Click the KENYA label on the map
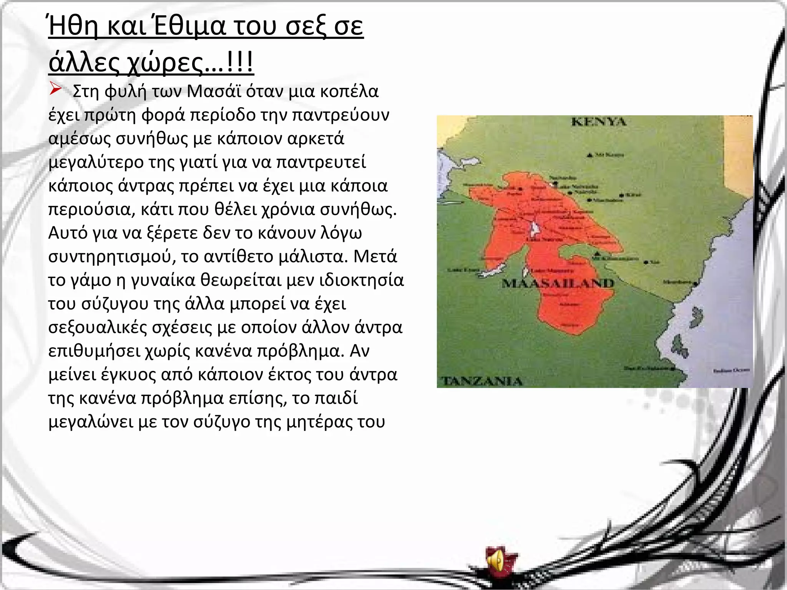coord(599,122)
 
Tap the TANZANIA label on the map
coord(482,381)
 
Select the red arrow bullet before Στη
coord(56,90)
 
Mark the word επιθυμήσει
coord(94,351)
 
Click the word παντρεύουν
coord(341,115)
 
